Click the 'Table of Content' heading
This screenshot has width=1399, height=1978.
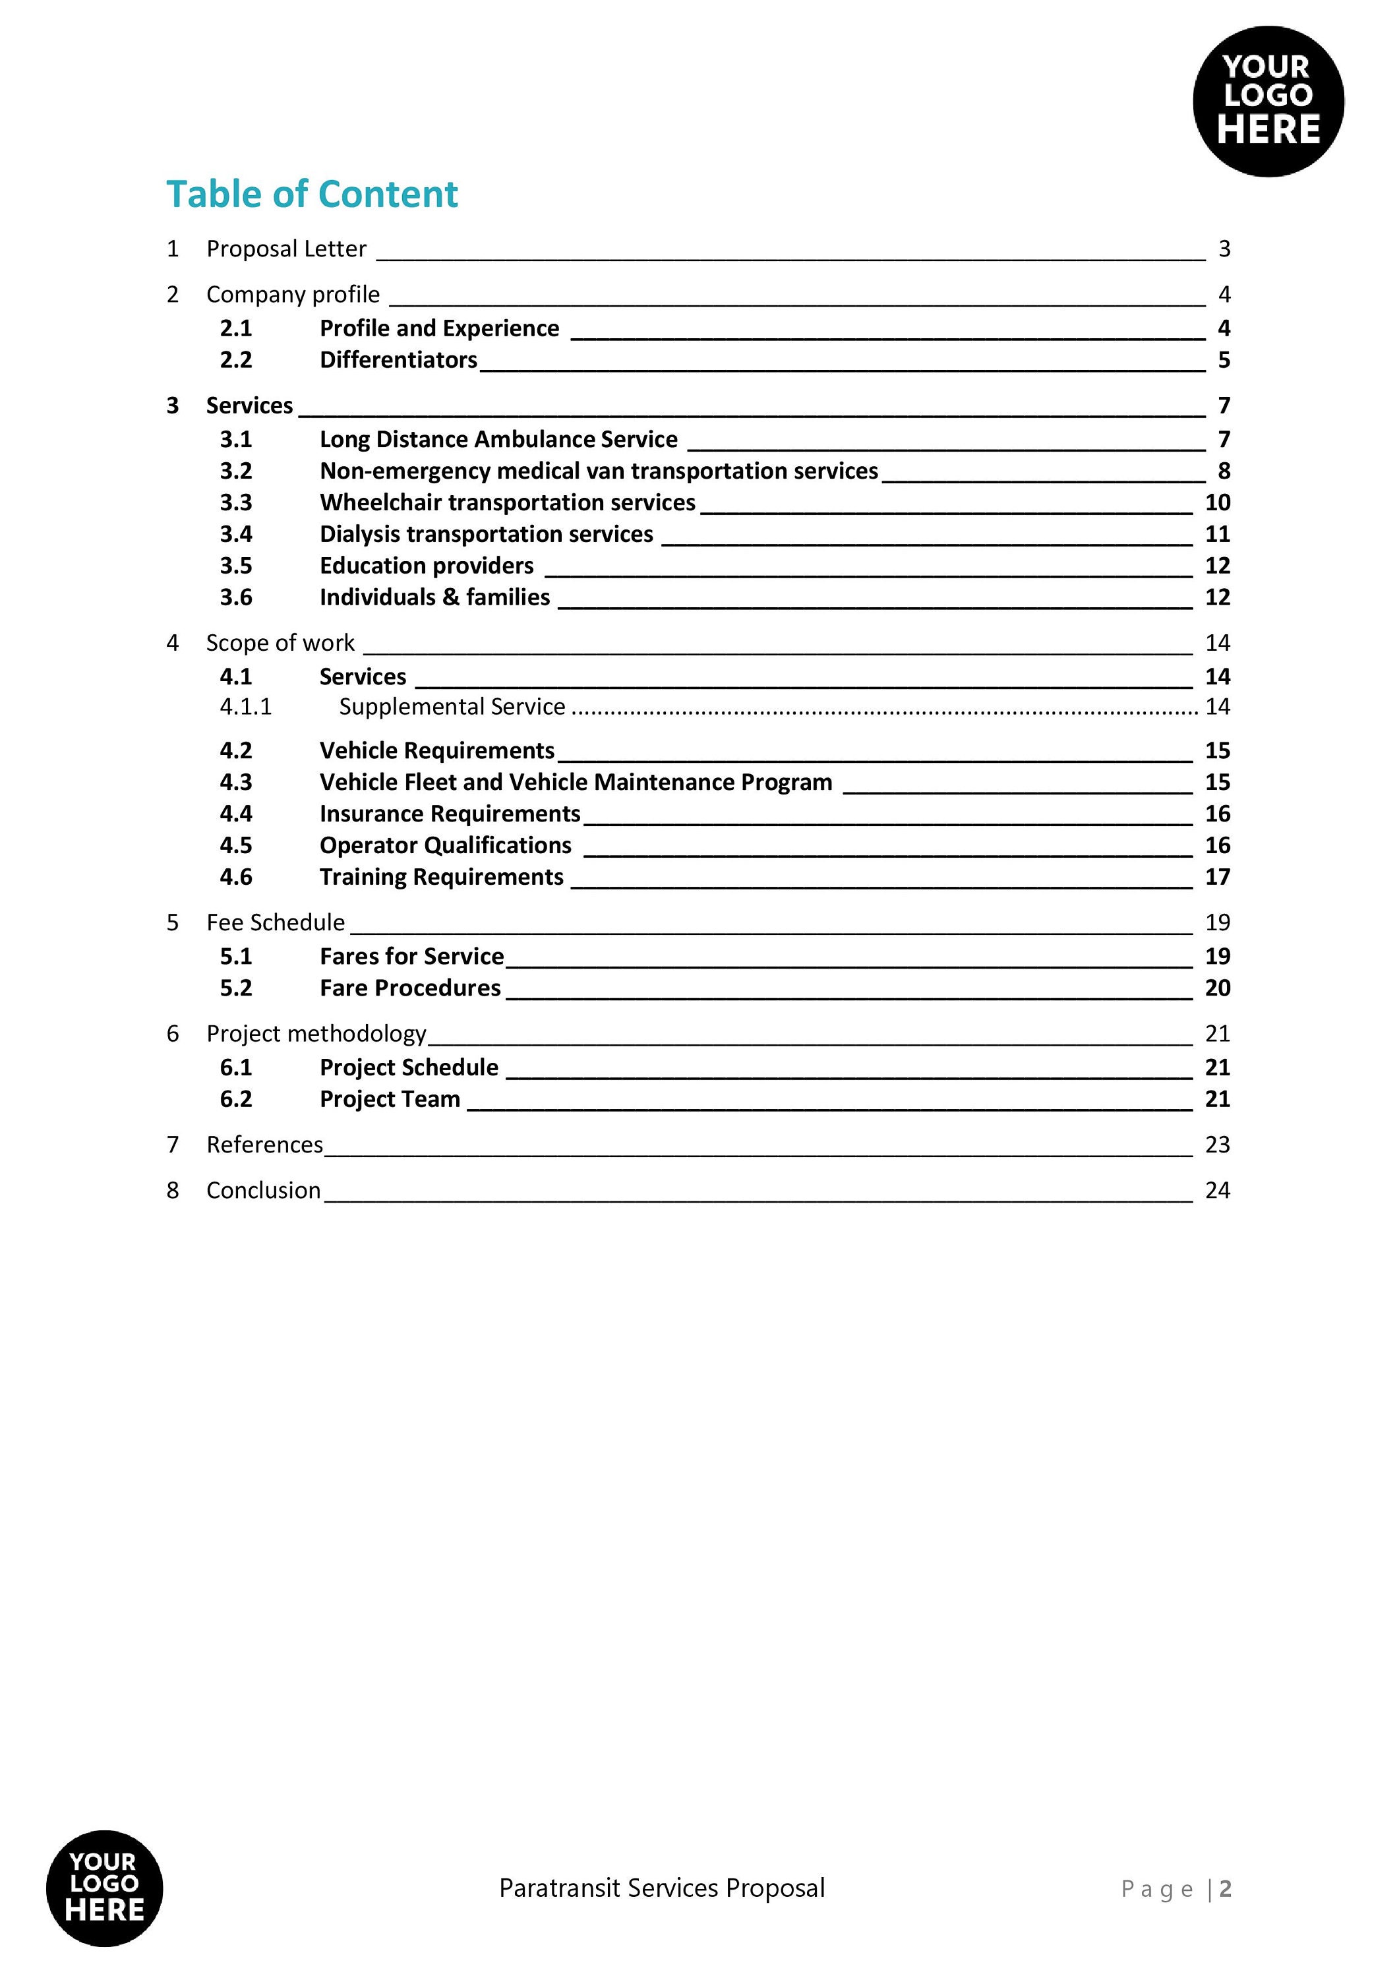tap(311, 194)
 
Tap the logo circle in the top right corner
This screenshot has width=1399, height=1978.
tap(1267, 102)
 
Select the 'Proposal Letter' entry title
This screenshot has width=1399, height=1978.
tap(286, 249)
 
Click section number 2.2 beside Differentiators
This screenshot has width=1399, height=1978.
tap(235, 360)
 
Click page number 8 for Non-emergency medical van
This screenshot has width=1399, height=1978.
tap(1223, 471)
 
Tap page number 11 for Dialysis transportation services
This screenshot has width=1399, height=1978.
tap(1216, 534)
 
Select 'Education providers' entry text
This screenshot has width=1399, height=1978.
tap(427, 566)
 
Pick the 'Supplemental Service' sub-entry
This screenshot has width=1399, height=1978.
tap(452, 706)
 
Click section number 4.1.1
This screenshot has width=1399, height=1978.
tap(245, 706)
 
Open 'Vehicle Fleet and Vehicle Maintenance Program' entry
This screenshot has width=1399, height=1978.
tap(576, 782)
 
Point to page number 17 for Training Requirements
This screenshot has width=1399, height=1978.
tap(1216, 877)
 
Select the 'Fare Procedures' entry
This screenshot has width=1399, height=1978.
tap(410, 988)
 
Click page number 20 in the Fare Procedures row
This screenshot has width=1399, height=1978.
tap(1216, 988)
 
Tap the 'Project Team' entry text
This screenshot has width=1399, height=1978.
tap(390, 1099)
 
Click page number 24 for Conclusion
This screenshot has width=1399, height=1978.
tap(1216, 1191)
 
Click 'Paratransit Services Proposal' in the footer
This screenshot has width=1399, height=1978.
tap(662, 1888)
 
